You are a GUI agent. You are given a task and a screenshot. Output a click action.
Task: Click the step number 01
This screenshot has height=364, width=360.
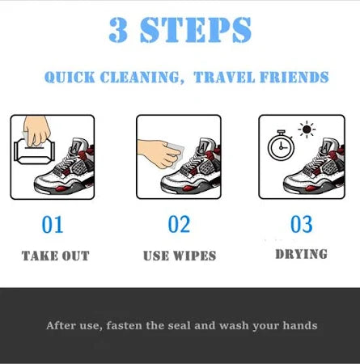coord(53,224)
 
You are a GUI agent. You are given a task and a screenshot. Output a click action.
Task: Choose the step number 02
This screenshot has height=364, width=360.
coord(179,224)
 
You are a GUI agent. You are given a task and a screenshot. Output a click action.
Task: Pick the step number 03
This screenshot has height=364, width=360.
coord(301,224)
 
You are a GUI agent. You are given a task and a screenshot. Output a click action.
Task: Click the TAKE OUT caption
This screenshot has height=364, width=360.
coord(55,256)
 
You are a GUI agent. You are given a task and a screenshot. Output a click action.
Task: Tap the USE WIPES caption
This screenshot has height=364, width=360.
coord(180,256)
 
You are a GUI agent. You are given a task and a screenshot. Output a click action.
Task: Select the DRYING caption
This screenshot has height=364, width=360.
coord(301,254)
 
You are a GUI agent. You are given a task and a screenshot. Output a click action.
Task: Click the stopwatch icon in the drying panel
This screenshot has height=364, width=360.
coord(280,146)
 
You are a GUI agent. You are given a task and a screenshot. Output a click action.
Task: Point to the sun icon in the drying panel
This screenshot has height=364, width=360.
coord(307,129)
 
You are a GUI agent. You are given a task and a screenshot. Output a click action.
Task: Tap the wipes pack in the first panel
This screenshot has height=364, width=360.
coord(32,154)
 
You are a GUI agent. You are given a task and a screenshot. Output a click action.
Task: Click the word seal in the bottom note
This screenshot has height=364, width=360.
coord(201,326)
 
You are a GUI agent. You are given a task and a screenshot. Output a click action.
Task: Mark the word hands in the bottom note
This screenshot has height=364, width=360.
coord(299,326)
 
